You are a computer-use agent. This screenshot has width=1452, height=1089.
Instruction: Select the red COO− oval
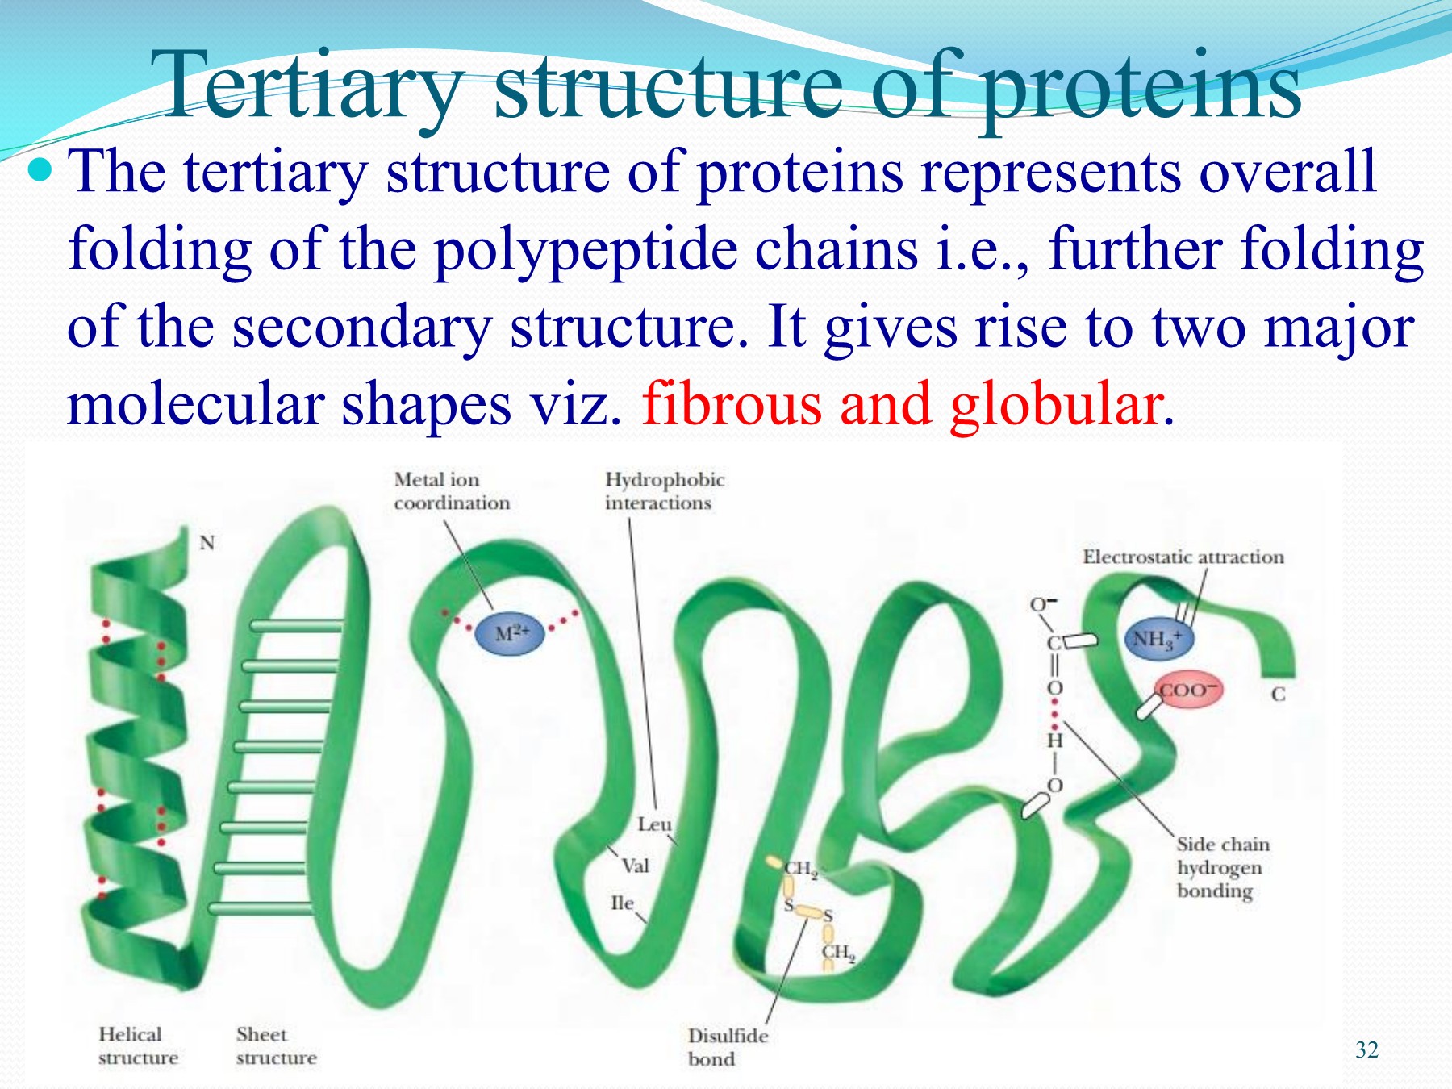click(x=1187, y=691)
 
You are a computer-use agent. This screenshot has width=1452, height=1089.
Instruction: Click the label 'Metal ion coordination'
click(x=452, y=491)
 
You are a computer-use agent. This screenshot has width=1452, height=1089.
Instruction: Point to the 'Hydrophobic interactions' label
click(x=665, y=491)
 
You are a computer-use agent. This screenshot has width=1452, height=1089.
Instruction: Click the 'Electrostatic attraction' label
click(x=1183, y=557)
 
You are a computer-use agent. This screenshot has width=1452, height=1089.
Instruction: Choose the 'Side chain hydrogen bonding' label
click(x=1222, y=867)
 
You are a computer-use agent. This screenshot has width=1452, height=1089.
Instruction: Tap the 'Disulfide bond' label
click(x=727, y=1047)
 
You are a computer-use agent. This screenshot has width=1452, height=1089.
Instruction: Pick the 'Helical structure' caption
click(x=138, y=1045)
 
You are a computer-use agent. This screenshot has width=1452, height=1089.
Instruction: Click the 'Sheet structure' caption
click(x=276, y=1045)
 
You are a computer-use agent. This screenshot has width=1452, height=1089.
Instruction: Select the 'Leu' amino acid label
click(x=653, y=824)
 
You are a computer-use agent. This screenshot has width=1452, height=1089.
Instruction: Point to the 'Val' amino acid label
click(x=635, y=866)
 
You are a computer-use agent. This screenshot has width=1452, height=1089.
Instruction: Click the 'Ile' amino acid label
click(x=622, y=903)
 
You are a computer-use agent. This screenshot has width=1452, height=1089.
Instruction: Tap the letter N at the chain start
click(x=207, y=543)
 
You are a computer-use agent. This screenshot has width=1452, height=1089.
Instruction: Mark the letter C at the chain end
click(x=1278, y=695)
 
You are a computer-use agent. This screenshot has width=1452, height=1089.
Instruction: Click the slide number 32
click(x=1366, y=1049)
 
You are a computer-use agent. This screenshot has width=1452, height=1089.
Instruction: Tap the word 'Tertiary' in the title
click(x=307, y=85)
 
